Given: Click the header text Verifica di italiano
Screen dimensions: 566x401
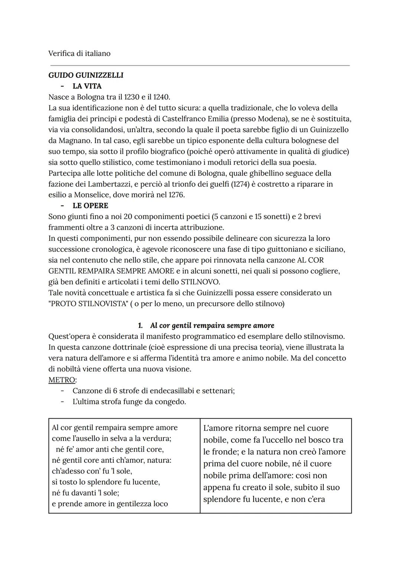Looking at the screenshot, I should tap(79, 53).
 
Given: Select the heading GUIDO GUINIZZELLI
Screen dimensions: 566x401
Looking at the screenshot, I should tap(86, 75).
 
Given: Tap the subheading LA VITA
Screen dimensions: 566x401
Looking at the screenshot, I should tap(87, 86).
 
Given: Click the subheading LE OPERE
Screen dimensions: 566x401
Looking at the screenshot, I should tap(90, 206).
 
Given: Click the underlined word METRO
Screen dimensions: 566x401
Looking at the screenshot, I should tap(62, 380).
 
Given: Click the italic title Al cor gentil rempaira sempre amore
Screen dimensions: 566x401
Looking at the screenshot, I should tap(212, 325).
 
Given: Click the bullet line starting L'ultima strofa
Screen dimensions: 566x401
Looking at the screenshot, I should tap(129, 402).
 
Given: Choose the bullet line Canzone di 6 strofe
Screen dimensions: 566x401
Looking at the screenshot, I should tap(153, 391).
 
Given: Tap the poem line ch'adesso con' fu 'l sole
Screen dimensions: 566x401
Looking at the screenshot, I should tap(92, 471).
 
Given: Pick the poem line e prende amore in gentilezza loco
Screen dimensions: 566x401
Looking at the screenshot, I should tap(110, 504).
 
